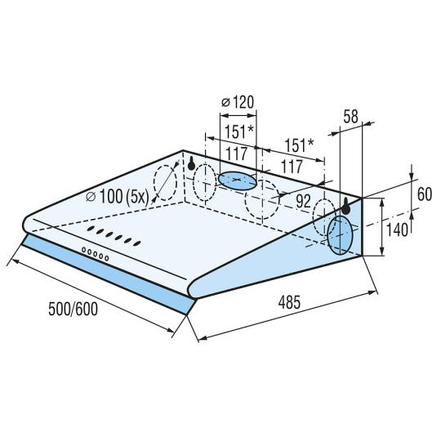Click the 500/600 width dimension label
coord(73,309)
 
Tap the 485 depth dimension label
coord(289,302)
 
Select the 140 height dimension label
coord(397,229)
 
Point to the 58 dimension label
coord(350,117)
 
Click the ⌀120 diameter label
coord(238,102)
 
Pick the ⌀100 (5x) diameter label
coord(118,197)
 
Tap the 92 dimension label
coord(303,202)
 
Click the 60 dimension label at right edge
coord(425,194)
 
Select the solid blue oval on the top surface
coord(238,181)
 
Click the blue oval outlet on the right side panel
coord(341,235)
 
